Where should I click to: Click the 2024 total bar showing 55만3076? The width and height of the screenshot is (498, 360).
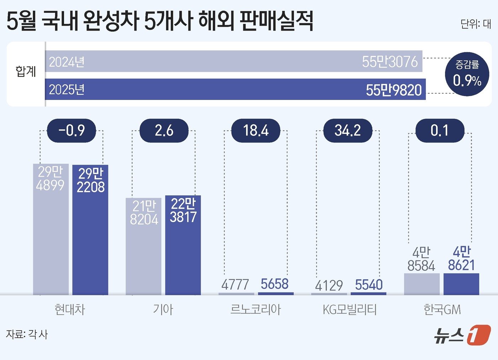234,61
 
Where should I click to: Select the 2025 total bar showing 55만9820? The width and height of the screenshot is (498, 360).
235,89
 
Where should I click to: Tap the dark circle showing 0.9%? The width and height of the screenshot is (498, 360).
467,74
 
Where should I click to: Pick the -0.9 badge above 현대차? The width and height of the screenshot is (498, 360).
71,131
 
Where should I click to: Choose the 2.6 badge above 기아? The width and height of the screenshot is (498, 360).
164,131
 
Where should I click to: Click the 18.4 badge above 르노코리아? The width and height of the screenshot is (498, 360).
256,131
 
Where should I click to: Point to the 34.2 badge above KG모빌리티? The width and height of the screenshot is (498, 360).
348,131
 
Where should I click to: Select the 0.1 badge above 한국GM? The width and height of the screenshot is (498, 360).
440,131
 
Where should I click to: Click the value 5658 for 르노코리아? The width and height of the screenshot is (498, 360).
274,284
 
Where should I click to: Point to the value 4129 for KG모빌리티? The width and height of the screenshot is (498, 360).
329,285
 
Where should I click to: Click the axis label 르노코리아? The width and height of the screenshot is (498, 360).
256,309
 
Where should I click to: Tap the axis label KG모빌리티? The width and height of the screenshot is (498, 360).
349,309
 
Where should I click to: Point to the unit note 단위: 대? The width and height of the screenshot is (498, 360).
476,24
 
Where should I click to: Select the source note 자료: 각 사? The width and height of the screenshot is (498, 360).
27,334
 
